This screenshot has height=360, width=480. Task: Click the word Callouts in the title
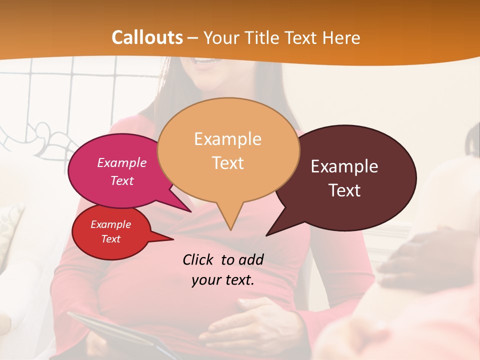point(147,37)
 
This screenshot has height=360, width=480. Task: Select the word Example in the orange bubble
point(227,138)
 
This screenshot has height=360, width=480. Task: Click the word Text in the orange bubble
point(227,163)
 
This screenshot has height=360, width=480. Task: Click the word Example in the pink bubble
point(121,162)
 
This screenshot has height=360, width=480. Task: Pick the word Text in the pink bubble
point(121,180)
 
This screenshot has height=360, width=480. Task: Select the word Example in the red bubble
point(110,224)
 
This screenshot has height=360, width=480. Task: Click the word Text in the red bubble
point(110,239)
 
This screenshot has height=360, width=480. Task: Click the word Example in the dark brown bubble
point(344,166)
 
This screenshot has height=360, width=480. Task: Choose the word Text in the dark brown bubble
point(344,190)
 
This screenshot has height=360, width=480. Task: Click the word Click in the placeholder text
point(198,259)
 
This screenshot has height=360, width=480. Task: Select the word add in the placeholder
point(251,259)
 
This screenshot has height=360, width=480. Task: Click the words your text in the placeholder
point(222,280)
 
